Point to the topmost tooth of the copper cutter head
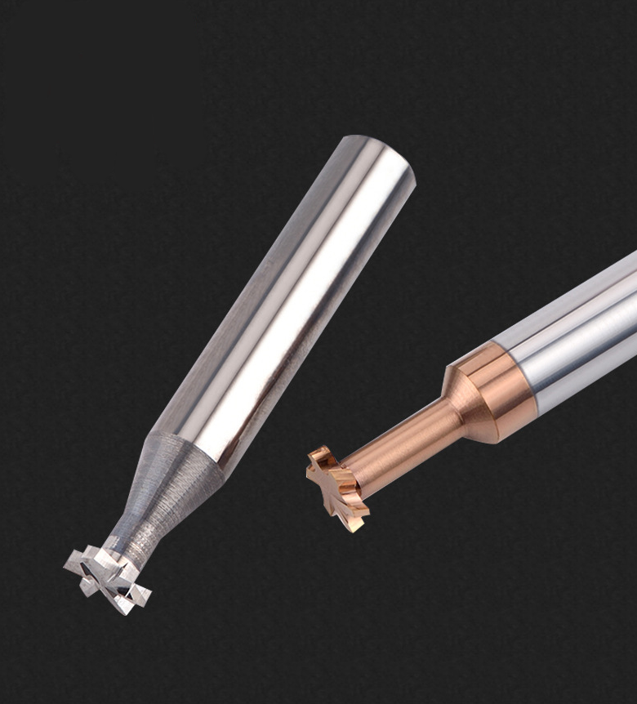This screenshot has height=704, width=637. [x=322, y=454]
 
